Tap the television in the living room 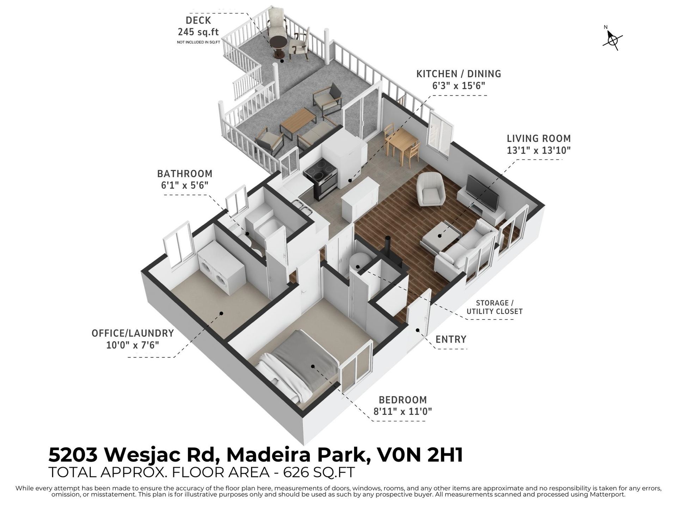(x=482, y=192)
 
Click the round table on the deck (x=279, y=48)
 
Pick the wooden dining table (x=401, y=143)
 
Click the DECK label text (x=198, y=20)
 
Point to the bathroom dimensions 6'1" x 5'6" (x=184, y=185)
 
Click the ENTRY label (x=451, y=339)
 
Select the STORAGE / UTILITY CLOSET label (x=495, y=307)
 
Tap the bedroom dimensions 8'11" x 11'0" (x=403, y=411)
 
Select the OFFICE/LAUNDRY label (x=133, y=333)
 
